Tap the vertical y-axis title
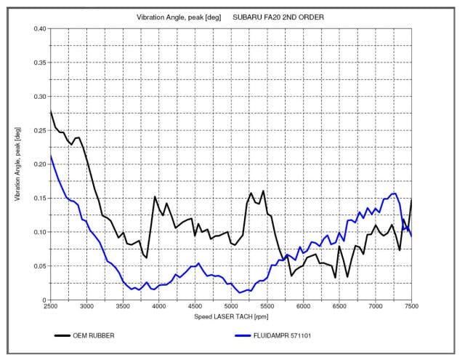17,164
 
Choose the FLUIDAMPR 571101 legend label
287,336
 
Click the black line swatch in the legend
67,336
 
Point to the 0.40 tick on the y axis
39,28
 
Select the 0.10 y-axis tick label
39,232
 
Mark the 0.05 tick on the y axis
39,266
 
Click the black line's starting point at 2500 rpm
51,111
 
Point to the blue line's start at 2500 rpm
51,155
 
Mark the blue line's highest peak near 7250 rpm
394,193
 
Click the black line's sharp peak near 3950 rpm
155,197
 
